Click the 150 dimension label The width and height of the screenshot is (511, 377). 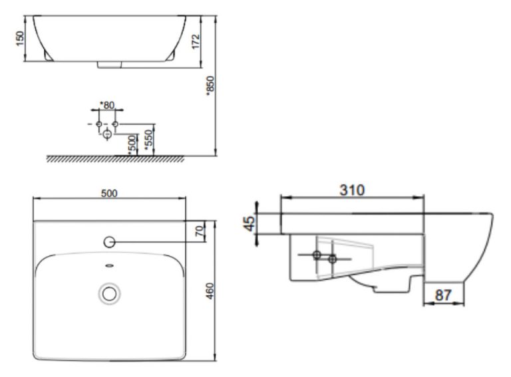pos(20,39)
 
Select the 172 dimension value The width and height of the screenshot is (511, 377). pos(195,43)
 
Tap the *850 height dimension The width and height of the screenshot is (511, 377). pos(210,85)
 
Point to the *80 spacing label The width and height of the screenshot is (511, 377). pos(106,105)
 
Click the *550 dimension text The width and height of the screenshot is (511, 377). pos(149,139)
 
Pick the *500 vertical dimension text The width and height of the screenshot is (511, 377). pos(132,142)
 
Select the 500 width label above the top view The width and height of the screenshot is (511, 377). pos(109,193)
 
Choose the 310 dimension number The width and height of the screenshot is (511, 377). pos(352,190)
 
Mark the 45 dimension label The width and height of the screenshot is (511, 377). pos(248,223)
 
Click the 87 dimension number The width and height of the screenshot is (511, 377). pos(444,294)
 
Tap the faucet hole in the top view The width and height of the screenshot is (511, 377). pos(110,241)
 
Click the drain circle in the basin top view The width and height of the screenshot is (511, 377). pos(109,292)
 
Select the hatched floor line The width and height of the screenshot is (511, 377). pos(114,158)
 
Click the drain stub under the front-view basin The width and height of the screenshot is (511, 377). pos(109,65)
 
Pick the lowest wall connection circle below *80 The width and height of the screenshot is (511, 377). pos(106,135)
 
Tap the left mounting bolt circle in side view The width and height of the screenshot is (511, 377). pos(317,256)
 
